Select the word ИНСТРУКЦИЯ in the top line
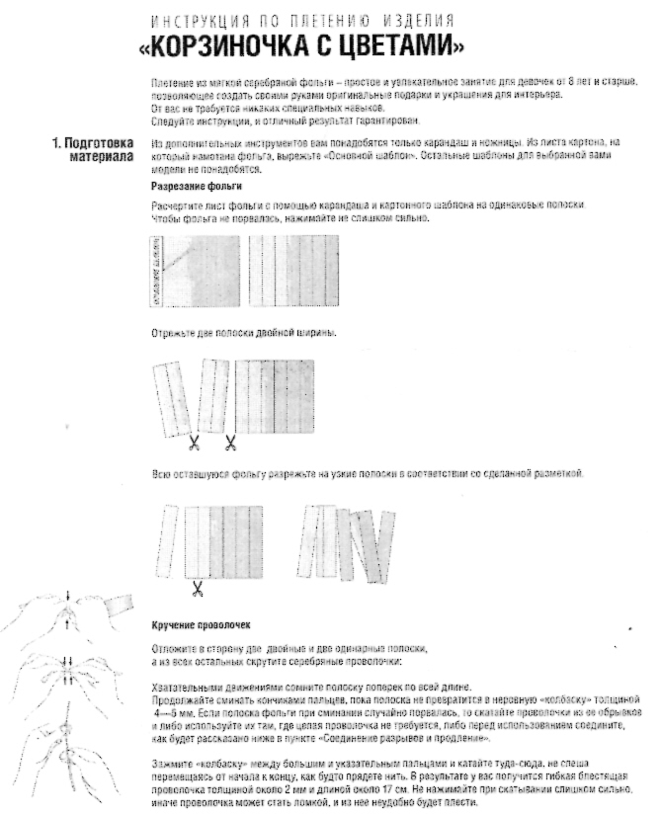(187, 20)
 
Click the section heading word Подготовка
(99, 144)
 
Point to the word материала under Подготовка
(102, 157)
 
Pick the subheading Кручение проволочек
(201, 626)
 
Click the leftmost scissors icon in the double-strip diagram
(194, 442)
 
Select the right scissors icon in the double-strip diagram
(230, 442)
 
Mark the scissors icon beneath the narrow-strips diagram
(197, 590)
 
